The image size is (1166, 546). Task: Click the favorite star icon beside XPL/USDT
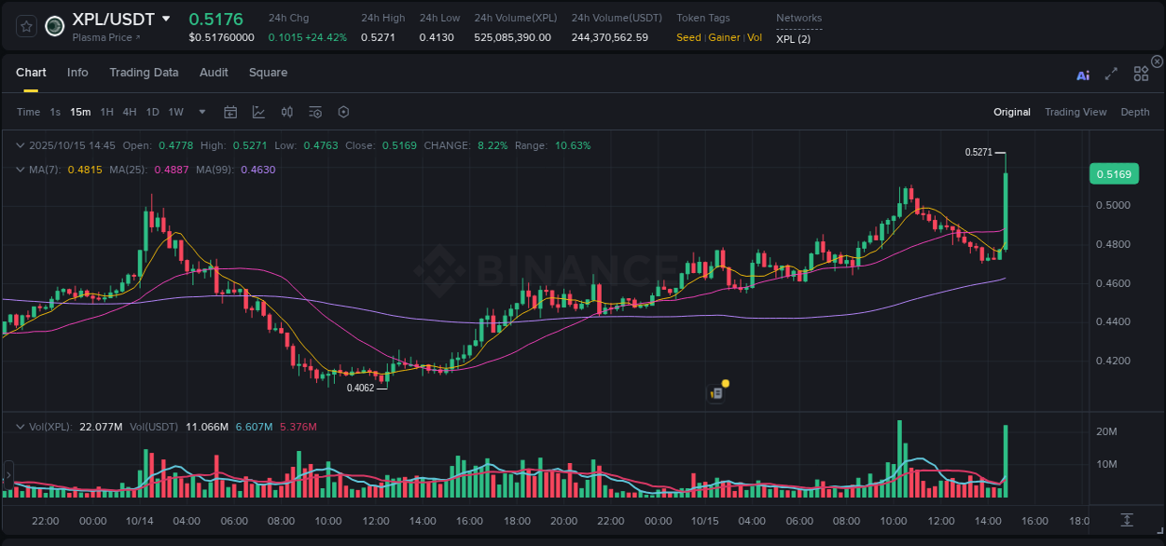pos(27,26)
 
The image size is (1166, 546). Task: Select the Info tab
pos(77,73)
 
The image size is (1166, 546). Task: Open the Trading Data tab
pos(144,73)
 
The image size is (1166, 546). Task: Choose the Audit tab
pos(214,73)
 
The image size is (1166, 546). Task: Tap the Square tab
pos(268,73)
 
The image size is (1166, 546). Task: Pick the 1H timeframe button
pos(106,113)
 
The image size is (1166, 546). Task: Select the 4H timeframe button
pos(129,113)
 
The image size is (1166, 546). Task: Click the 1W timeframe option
pos(175,113)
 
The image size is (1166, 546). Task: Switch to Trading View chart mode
pos(1076,113)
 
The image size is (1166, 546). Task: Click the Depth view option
pos(1135,113)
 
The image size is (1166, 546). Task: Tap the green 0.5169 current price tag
pos(1114,174)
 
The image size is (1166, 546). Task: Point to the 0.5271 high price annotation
pos(979,152)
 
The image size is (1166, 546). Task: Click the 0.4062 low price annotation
pos(360,388)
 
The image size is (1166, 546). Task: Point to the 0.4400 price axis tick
pos(1114,321)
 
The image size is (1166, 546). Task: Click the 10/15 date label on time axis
pos(704,521)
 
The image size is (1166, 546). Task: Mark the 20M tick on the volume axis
pos(1107,431)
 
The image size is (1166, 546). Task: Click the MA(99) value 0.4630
pos(257,170)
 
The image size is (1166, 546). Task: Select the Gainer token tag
pos(724,38)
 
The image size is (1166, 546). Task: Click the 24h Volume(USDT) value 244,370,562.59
pos(609,38)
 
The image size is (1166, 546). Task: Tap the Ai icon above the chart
pos(1083,75)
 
